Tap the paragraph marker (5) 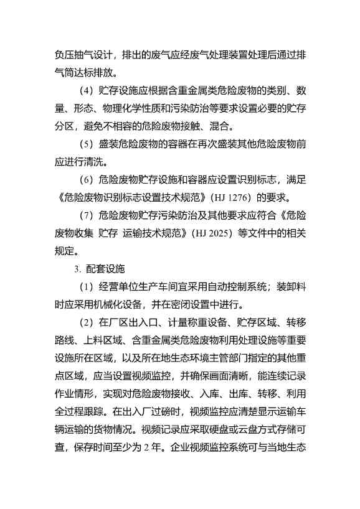pyautogui.click(x=85, y=144)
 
